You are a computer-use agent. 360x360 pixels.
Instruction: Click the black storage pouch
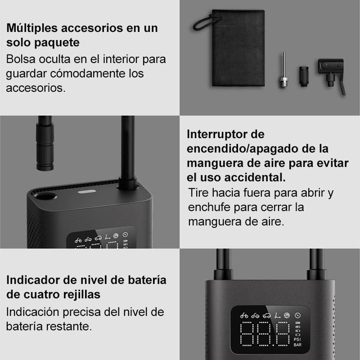(238, 48)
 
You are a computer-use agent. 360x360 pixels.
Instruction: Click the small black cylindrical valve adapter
(303, 76)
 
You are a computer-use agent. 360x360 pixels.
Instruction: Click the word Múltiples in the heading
(32, 28)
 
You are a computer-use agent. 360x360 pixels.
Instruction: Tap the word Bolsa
(21, 59)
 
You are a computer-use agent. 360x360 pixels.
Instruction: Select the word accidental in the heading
(255, 177)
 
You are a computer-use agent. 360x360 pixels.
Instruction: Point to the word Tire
(198, 193)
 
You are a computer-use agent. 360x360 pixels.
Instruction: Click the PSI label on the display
(297, 339)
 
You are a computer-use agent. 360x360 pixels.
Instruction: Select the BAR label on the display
(297, 345)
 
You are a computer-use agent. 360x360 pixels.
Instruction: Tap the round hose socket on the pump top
(45, 196)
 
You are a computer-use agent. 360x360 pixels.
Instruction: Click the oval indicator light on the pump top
(87, 192)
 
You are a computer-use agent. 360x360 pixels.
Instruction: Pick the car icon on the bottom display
(266, 316)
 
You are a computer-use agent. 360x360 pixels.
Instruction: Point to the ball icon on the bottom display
(287, 315)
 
